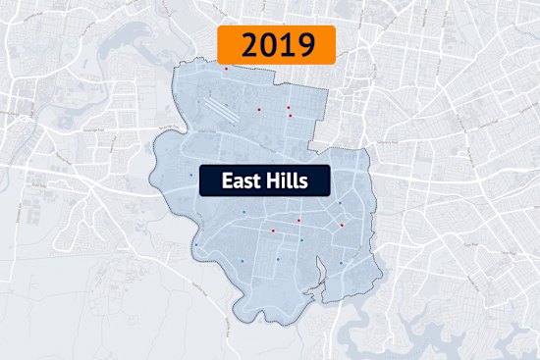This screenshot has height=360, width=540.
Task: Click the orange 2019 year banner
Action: point(276,45)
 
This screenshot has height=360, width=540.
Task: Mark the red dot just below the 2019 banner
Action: point(226,69)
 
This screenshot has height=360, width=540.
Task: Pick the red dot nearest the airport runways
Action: point(259,109)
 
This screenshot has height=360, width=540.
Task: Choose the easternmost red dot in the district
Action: point(342,225)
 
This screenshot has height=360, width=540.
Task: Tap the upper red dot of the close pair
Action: point(289,107)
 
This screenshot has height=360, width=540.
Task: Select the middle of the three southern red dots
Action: point(298,221)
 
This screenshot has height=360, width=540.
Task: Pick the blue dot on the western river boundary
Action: point(195,244)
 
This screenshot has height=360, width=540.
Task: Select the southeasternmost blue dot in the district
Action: point(341,262)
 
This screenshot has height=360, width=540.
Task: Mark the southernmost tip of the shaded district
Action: point(237,319)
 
